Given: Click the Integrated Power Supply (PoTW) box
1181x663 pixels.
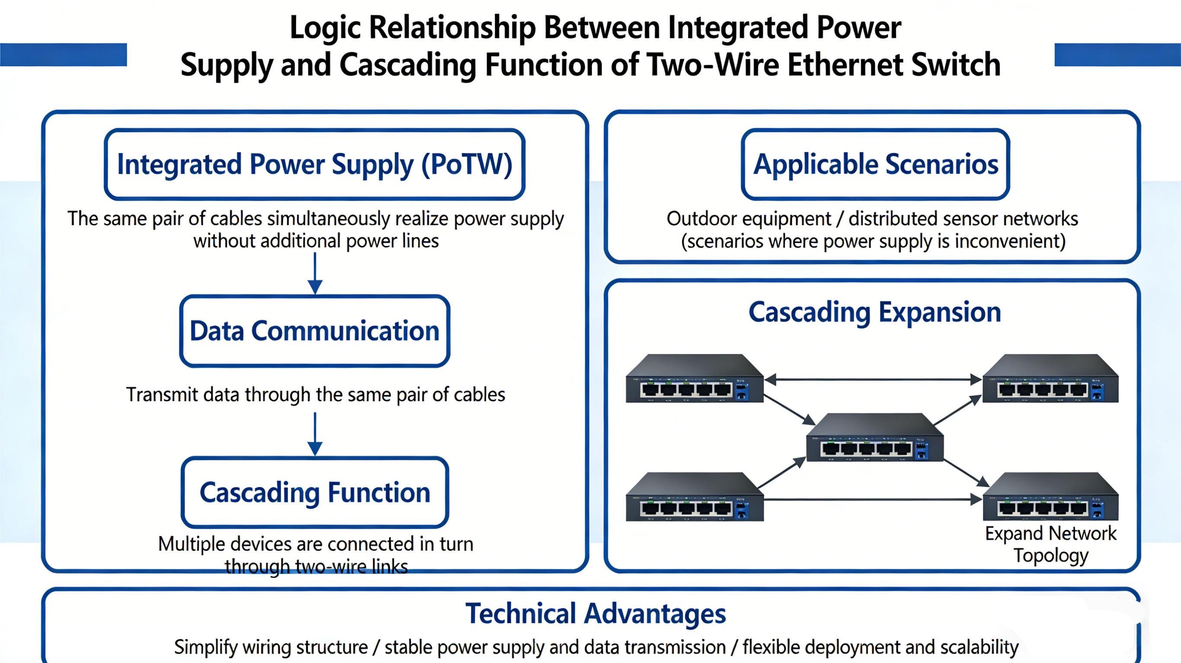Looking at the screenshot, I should tap(315, 164).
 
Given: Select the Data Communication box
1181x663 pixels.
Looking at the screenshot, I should tap(315, 331).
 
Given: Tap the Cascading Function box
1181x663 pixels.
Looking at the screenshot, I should tap(315, 492).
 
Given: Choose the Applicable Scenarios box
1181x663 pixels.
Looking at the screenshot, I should tap(875, 164).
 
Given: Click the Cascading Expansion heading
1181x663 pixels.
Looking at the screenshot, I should tap(874, 312).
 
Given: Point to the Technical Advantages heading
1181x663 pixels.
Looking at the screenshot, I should tap(595, 613).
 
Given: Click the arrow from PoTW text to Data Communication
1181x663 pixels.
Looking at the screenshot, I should tap(315, 273).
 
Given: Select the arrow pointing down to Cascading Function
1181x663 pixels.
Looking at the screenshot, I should tap(315, 433).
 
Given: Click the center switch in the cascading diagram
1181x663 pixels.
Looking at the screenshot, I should tap(874, 438).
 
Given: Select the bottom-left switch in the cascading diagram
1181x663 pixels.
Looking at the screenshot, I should tap(694, 497).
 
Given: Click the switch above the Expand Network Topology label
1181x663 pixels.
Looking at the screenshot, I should tap(1050, 497).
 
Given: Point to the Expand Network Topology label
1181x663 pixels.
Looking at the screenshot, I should tap(1050, 544).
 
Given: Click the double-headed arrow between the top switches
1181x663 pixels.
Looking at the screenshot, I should tap(873, 379).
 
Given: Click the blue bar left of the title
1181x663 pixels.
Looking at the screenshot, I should tap(63, 54).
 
